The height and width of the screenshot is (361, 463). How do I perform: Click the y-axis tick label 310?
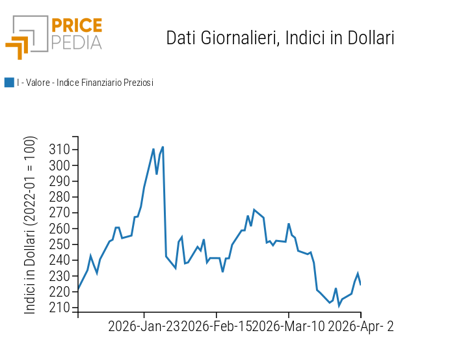[60, 150]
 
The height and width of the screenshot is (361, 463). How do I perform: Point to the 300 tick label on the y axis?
[60, 165]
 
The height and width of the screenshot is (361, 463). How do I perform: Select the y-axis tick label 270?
[60, 213]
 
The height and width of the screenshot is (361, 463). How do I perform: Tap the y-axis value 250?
[60, 245]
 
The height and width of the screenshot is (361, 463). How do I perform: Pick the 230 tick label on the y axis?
[60, 276]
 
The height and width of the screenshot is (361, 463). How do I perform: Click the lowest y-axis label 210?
[60, 308]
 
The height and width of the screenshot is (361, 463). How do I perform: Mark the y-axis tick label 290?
[60, 181]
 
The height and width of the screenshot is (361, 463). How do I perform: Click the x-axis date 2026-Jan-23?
[144, 327]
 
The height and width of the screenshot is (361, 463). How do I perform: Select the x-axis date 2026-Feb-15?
[219, 327]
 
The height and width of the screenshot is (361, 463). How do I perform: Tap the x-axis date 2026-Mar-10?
[291, 327]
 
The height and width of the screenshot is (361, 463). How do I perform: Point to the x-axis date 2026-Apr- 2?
[361, 327]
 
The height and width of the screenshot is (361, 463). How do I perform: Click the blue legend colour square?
[9, 83]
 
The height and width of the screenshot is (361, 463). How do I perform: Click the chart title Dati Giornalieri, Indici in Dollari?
[280, 38]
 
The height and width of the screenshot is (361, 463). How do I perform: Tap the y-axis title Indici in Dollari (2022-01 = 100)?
[31, 225]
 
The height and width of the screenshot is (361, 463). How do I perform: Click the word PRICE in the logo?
[77, 26]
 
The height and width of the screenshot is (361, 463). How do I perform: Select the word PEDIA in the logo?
[77, 43]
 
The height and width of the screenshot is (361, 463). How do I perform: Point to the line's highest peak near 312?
[163, 147]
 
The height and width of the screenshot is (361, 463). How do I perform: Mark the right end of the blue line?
[360, 284]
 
